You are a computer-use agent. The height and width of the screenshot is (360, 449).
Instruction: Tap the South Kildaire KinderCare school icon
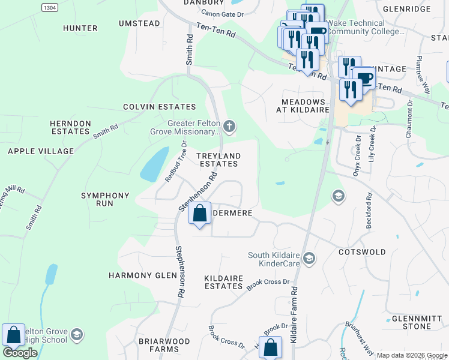pyautogui.click(x=309, y=258)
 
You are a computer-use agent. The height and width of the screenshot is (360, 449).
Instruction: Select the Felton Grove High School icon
pyautogui.click(x=76, y=334)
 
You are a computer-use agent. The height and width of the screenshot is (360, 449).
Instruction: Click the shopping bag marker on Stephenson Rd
pyautogui.click(x=199, y=213)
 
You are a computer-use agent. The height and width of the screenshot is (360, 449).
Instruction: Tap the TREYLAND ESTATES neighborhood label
pyautogui.click(x=219, y=160)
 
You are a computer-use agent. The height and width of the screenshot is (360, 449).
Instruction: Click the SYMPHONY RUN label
pyautogui.click(x=105, y=200)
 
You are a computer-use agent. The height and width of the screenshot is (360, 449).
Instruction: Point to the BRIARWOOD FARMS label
pyautogui.click(x=159, y=345)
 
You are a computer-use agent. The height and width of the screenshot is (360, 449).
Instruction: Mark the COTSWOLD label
pyautogui.click(x=362, y=252)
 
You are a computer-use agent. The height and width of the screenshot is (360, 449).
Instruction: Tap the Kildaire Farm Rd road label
pyautogui.click(x=294, y=314)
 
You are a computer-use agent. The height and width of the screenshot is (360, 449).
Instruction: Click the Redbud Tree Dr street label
pyautogui.click(x=175, y=161)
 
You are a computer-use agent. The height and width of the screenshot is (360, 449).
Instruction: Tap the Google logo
pyautogui.click(x=20, y=353)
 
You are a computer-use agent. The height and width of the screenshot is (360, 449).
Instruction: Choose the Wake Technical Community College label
pyautogui.click(x=366, y=27)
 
